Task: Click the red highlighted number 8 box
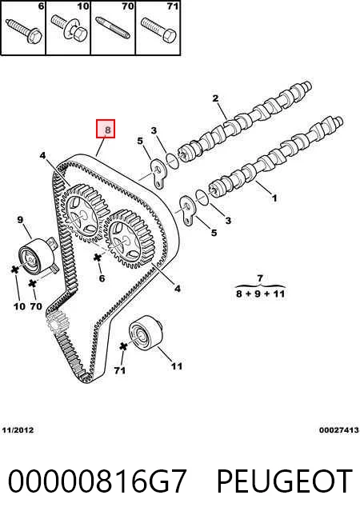pyautogui.click(x=106, y=129)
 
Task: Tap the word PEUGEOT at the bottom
pyautogui.click(x=285, y=481)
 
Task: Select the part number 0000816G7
pyautogui.click(x=97, y=481)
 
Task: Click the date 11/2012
pyautogui.click(x=18, y=430)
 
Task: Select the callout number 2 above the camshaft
pyautogui.click(x=215, y=98)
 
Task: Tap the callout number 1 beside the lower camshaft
pyautogui.click(x=274, y=198)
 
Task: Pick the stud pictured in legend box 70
pyautogui.click(x=113, y=28)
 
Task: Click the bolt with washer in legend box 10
pyautogui.click(x=70, y=27)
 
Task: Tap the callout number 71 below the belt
pyautogui.click(x=120, y=370)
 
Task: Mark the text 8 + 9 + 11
pyautogui.click(x=260, y=293)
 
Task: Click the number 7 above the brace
pyautogui.click(x=260, y=277)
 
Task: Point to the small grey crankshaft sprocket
pyautogui.click(x=58, y=321)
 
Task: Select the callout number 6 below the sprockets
pyautogui.click(x=102, y=277)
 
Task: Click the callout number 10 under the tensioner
pyautogui.click(x=19, y=305)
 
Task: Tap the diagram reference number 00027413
pyautogui.click(x=339, y=430)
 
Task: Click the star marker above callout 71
pyautogui.click(x=123, y=346)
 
